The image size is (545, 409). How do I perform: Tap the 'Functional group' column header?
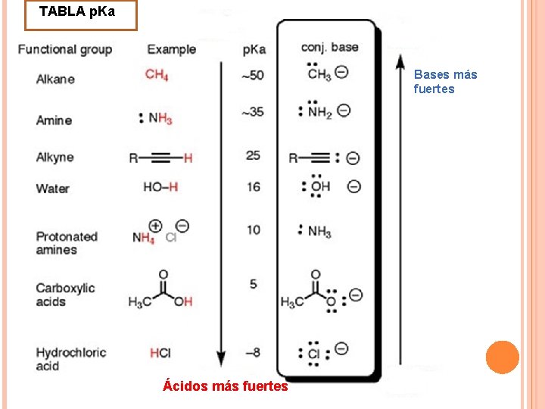click(65, 50)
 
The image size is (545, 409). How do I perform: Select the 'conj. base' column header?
click(329, 47)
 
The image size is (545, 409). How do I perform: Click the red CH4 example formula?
click(157, 74)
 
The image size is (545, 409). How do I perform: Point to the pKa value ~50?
click(252, 75)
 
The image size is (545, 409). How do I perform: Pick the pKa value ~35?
click(252, 112)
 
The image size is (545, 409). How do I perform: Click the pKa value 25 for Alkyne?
click(253, 155)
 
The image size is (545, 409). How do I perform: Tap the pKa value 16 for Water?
click(253, 186)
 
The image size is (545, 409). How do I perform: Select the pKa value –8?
click(252, 352)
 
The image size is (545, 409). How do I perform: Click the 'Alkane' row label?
click(55, 79)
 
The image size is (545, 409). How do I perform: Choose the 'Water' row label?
click(52, 189)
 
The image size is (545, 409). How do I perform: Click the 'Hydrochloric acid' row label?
click(71, 359)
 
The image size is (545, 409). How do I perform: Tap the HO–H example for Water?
click(160, 187)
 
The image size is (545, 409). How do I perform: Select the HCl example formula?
click(160, 353)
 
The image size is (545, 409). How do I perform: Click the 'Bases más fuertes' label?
click(445, 82)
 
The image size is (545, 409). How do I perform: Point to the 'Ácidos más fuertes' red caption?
click(226, 386)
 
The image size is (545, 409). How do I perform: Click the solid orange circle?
click(502, 357)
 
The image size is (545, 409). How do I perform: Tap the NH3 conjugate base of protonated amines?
click(316, 231)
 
